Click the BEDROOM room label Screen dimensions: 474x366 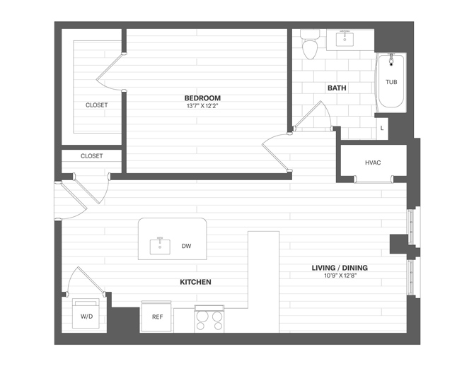pos(202,98)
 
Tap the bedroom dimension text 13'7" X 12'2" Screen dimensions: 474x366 pos(202,106)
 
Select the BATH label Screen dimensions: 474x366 pos(337,88)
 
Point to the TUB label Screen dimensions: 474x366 pos(391,82)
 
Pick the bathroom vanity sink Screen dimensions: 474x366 pos(345,40)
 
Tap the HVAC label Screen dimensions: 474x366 pos(373,163)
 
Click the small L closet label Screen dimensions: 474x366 pos(382,128)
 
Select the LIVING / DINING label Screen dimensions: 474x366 pos(340,268)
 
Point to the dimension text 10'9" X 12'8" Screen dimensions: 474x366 pos(340,276)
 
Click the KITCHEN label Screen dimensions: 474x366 pos(195,282)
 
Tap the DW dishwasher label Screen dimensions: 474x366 pos(186,246)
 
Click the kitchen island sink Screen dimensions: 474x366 pos(160,247)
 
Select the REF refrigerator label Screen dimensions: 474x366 pos(157,317)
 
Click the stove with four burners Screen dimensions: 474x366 pos(209,319)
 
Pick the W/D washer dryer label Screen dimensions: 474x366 pos(86,316)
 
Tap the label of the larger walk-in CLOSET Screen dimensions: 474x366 pos(96,105)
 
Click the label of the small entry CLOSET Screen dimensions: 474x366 pos(91,156)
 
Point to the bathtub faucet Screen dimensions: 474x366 pos(391,59)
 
